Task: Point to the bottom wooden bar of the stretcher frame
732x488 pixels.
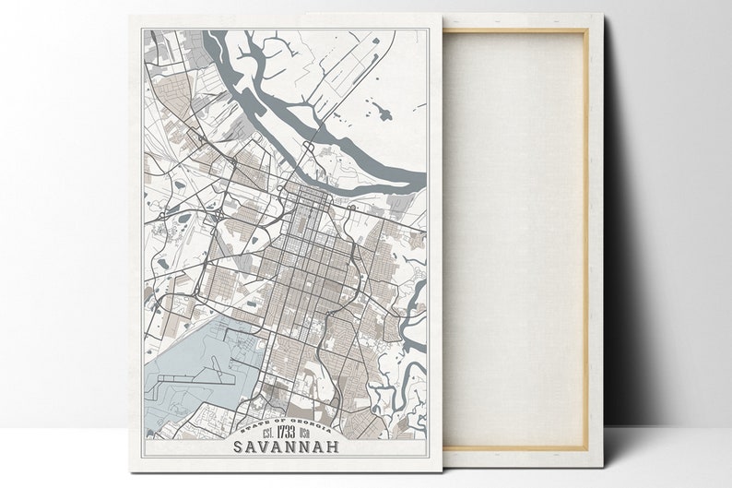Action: pos(516,448)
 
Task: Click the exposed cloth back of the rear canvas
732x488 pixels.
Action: pos(516,240)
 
